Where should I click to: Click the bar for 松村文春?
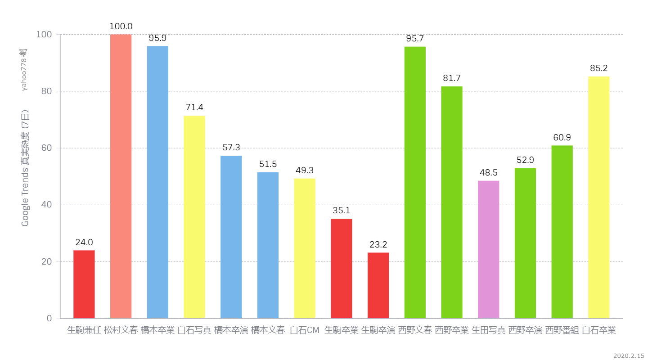coord(121,176)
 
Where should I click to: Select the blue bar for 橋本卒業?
coord(157,182)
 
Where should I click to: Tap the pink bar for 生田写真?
coord(488,249)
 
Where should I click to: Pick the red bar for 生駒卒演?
coord(378,285)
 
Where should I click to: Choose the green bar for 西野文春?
coord(415,182)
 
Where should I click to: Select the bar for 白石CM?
coord(305,248)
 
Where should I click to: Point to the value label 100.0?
coord(121,27)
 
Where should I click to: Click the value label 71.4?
coord(194,108)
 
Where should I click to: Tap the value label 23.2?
coord(378,245)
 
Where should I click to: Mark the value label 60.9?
coord(562,138)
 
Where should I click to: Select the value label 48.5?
coord(488,173)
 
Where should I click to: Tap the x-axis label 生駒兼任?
coord(84,330)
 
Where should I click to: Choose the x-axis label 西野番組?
coord(562,330)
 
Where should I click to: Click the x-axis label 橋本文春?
coord(268,330)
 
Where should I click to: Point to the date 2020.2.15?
coord(628,355)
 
